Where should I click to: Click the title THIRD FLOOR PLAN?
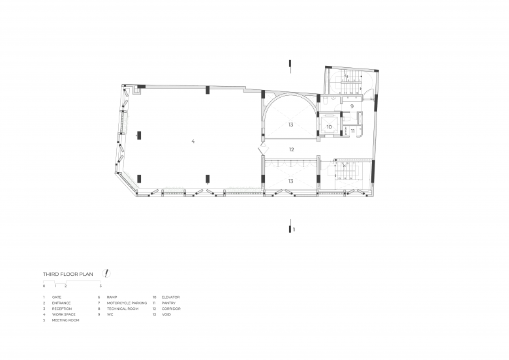pyautogui.click(x=68, y=274)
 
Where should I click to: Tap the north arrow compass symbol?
pyautogui.click(x=106, y=273)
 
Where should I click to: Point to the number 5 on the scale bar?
pyautogui.click(x=100, y=286)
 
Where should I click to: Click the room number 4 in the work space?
pyautogui.click(x=193, y=141)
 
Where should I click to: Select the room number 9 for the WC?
pyautogui.click(x=352, y=106)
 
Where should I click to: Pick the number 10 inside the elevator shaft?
pyautogui.click(x=329, y=127)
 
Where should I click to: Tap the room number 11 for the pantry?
pyautogui.click(x=352, y=131)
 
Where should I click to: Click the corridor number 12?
pyautogui.click(x=292, y=149)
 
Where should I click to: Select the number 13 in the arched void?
pyautogui.click(x=290, y=125)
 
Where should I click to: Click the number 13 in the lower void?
pyautogui.click(x=290, y=181)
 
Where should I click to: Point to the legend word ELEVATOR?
pyautogui.click(x=170, y=297)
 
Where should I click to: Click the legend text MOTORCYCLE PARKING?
pyautogui.click(x=127, y=303)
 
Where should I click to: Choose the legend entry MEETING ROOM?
pyautogui.click(x=65, y=320)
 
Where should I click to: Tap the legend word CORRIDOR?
pyautogui.click(x=171, y=308)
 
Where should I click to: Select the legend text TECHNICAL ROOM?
pyautogui.click(x=123, y=308)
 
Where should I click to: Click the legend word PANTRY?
pyautogui.click(x=168, y=303)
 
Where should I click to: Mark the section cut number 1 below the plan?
pyautogui.click(x=294, y=230)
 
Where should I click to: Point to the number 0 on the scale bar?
pyautogui.click(x=44, y=286)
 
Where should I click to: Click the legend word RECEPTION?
pyautogui.click(x=62, y=308)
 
